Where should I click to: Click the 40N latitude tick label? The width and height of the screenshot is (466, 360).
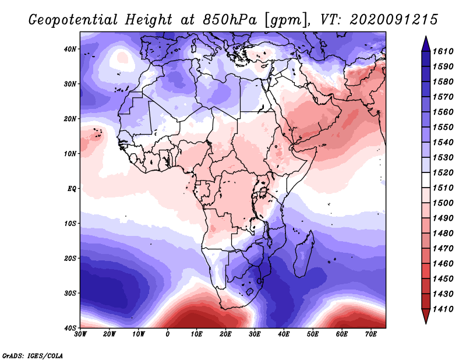tap(70, 49)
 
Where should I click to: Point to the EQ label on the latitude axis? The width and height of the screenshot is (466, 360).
tap(72, 189)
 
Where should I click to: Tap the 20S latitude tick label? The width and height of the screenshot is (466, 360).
tap(70, 258)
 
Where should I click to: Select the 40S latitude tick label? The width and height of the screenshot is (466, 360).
tap(70, 328)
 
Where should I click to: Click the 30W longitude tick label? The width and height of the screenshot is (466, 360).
tap(80, 334)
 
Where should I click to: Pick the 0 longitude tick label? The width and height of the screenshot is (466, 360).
tap(168, 334)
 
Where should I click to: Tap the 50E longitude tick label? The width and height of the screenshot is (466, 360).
tap(313, 334)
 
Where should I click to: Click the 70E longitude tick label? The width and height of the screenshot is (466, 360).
tap(370, 334)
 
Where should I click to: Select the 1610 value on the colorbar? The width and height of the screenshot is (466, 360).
tap(443, 51)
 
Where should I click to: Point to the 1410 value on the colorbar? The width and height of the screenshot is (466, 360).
tap(443, 309)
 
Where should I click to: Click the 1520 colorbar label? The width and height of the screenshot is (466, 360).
tap(443, 172)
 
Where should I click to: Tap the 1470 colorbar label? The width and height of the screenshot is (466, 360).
tap(443, 249)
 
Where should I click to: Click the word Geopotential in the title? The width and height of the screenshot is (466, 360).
tap(73, 20)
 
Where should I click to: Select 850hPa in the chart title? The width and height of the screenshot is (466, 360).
tap(230, 20)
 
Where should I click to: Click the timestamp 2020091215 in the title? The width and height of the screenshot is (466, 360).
tap(394, 20)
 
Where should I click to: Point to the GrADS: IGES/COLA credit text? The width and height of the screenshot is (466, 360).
tap(33, 356)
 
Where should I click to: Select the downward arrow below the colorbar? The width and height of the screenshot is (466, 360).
tap(426, 316)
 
